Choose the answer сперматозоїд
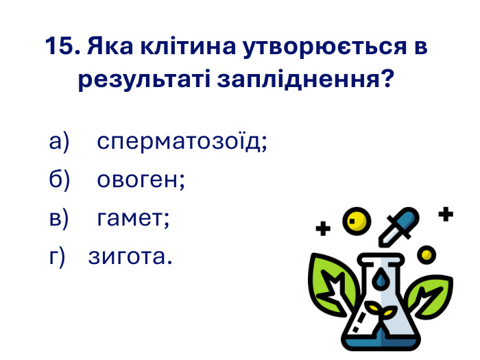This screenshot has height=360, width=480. [x=182, y=142]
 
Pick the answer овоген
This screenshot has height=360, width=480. [x=141, y=180]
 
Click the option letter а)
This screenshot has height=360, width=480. [x=60, y=142]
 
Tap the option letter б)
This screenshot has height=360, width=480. [x=60, y=180]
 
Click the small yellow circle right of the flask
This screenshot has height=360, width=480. [x=427, y=254]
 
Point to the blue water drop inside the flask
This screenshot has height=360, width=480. [x=379, y=279]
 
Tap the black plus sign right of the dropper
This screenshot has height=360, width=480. [x=446, y=215]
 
